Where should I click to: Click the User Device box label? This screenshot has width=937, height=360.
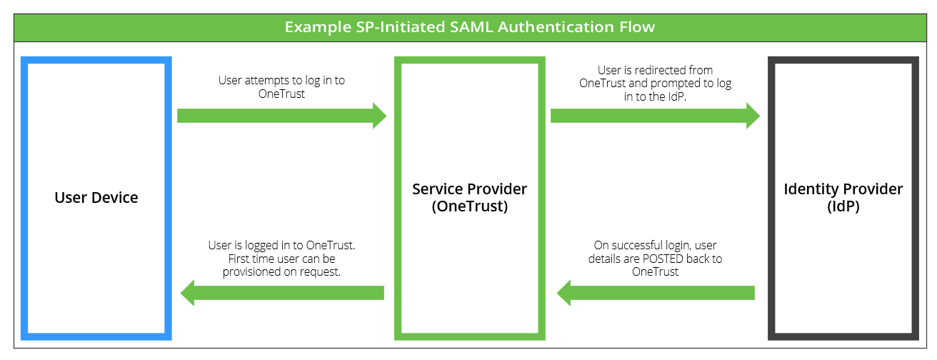point(96,198)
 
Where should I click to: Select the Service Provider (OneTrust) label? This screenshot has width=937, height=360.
point(469,198)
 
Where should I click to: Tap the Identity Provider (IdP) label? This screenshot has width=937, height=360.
point(843,198)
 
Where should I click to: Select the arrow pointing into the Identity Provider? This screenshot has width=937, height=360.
point(654,116)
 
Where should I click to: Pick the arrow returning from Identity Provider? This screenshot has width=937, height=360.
point(656,292)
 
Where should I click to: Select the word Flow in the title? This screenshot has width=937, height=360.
point(637,27)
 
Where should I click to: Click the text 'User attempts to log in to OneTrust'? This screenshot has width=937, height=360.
point(281,87)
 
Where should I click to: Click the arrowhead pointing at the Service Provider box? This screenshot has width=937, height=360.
point(379,116)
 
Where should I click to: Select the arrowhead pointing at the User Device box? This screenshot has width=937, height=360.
point(188,292)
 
